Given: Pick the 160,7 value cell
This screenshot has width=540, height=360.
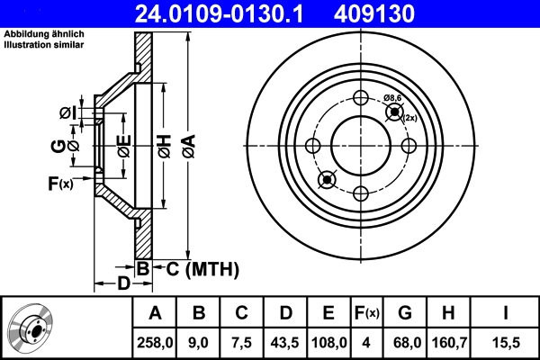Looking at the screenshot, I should point(446,341).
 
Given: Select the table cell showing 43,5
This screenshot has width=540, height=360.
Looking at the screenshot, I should point(286,341).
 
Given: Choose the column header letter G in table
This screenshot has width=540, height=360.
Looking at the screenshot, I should point(404,312).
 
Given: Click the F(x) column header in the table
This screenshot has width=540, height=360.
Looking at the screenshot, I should point(368,312).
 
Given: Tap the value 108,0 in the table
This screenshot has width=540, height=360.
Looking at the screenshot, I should point(328,341).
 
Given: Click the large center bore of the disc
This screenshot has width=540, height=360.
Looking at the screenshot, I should point(361,146).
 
